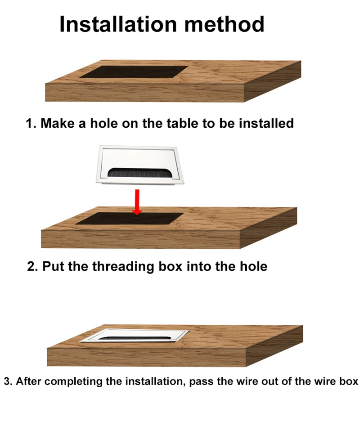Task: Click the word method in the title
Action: tap(224, 24)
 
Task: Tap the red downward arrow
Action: tap(137, 202)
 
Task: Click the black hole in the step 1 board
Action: tap(134, 72)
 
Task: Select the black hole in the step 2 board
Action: tap(130, 219)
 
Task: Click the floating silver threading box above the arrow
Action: tap(139, 166)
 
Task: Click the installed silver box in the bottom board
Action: tap(135, 336)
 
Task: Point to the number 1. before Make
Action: tap(31, 123)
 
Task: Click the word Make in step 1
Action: tap(58, 123)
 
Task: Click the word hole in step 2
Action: tap(253, 267)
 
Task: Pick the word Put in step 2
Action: tap(54, 267)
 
